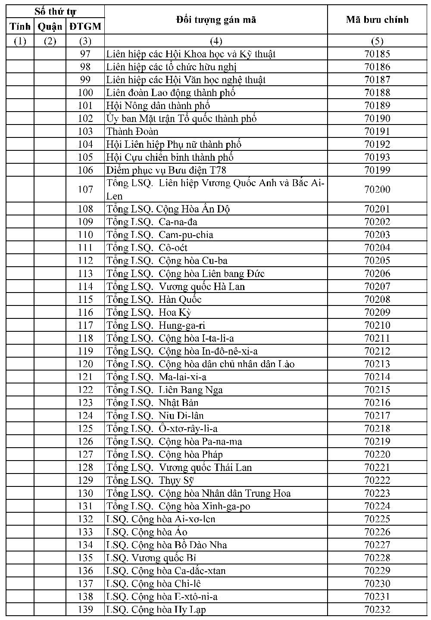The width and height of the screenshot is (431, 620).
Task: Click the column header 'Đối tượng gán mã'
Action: [216, 20]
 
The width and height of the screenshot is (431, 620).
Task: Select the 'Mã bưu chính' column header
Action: [377, 20]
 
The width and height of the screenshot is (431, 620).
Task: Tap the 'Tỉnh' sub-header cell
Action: [20, 27]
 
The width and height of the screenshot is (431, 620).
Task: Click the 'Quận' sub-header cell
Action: [50, 27]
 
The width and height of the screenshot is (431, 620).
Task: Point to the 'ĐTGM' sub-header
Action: [85, 27]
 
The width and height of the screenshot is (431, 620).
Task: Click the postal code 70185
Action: [377, 54]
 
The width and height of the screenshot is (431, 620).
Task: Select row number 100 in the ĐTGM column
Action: [85, 93]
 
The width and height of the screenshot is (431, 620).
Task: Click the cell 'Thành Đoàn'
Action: [132, 131]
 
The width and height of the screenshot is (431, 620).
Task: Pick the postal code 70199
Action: [377, 170]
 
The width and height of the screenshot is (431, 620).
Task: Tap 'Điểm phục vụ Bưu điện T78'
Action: [166, 170]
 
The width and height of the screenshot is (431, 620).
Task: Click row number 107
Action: [85, 190]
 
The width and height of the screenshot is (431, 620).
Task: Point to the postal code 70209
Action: [377, 312]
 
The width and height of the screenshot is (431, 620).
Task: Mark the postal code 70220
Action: [377, 455]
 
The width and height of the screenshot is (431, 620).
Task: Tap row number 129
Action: [85, 480]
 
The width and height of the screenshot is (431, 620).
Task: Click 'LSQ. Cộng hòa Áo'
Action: [147, 532]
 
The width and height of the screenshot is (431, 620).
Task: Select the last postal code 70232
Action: [377, 610]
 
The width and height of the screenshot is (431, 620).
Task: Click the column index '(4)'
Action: [216, 41]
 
